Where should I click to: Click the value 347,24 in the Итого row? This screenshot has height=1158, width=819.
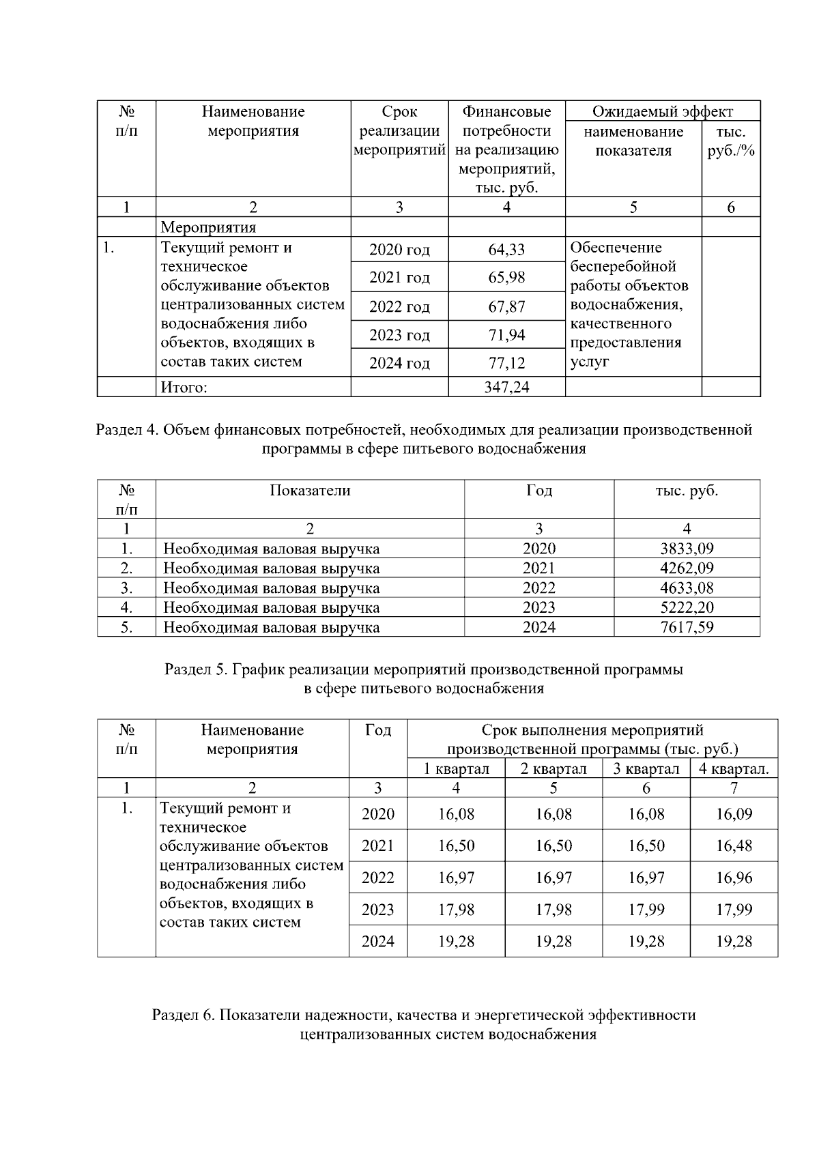506,388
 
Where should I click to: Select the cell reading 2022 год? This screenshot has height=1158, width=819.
399,307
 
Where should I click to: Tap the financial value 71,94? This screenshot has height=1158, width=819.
506,335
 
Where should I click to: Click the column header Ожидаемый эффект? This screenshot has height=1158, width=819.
662,112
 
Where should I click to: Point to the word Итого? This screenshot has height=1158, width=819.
184,388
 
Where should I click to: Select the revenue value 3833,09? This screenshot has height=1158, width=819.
687,549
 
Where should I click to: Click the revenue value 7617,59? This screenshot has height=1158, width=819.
687,627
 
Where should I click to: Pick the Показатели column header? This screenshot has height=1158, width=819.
310,491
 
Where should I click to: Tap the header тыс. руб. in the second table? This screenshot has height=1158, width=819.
687,491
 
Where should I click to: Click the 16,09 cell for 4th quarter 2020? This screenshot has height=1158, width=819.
734,814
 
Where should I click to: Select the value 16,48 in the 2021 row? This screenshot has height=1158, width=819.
734,846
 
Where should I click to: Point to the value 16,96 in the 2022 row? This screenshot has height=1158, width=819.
734,878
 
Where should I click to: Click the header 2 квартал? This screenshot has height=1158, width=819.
554,769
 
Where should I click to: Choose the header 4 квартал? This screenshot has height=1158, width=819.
734,769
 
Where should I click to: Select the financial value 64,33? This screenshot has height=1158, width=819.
506,250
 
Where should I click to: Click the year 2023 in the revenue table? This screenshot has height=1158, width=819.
538,607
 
